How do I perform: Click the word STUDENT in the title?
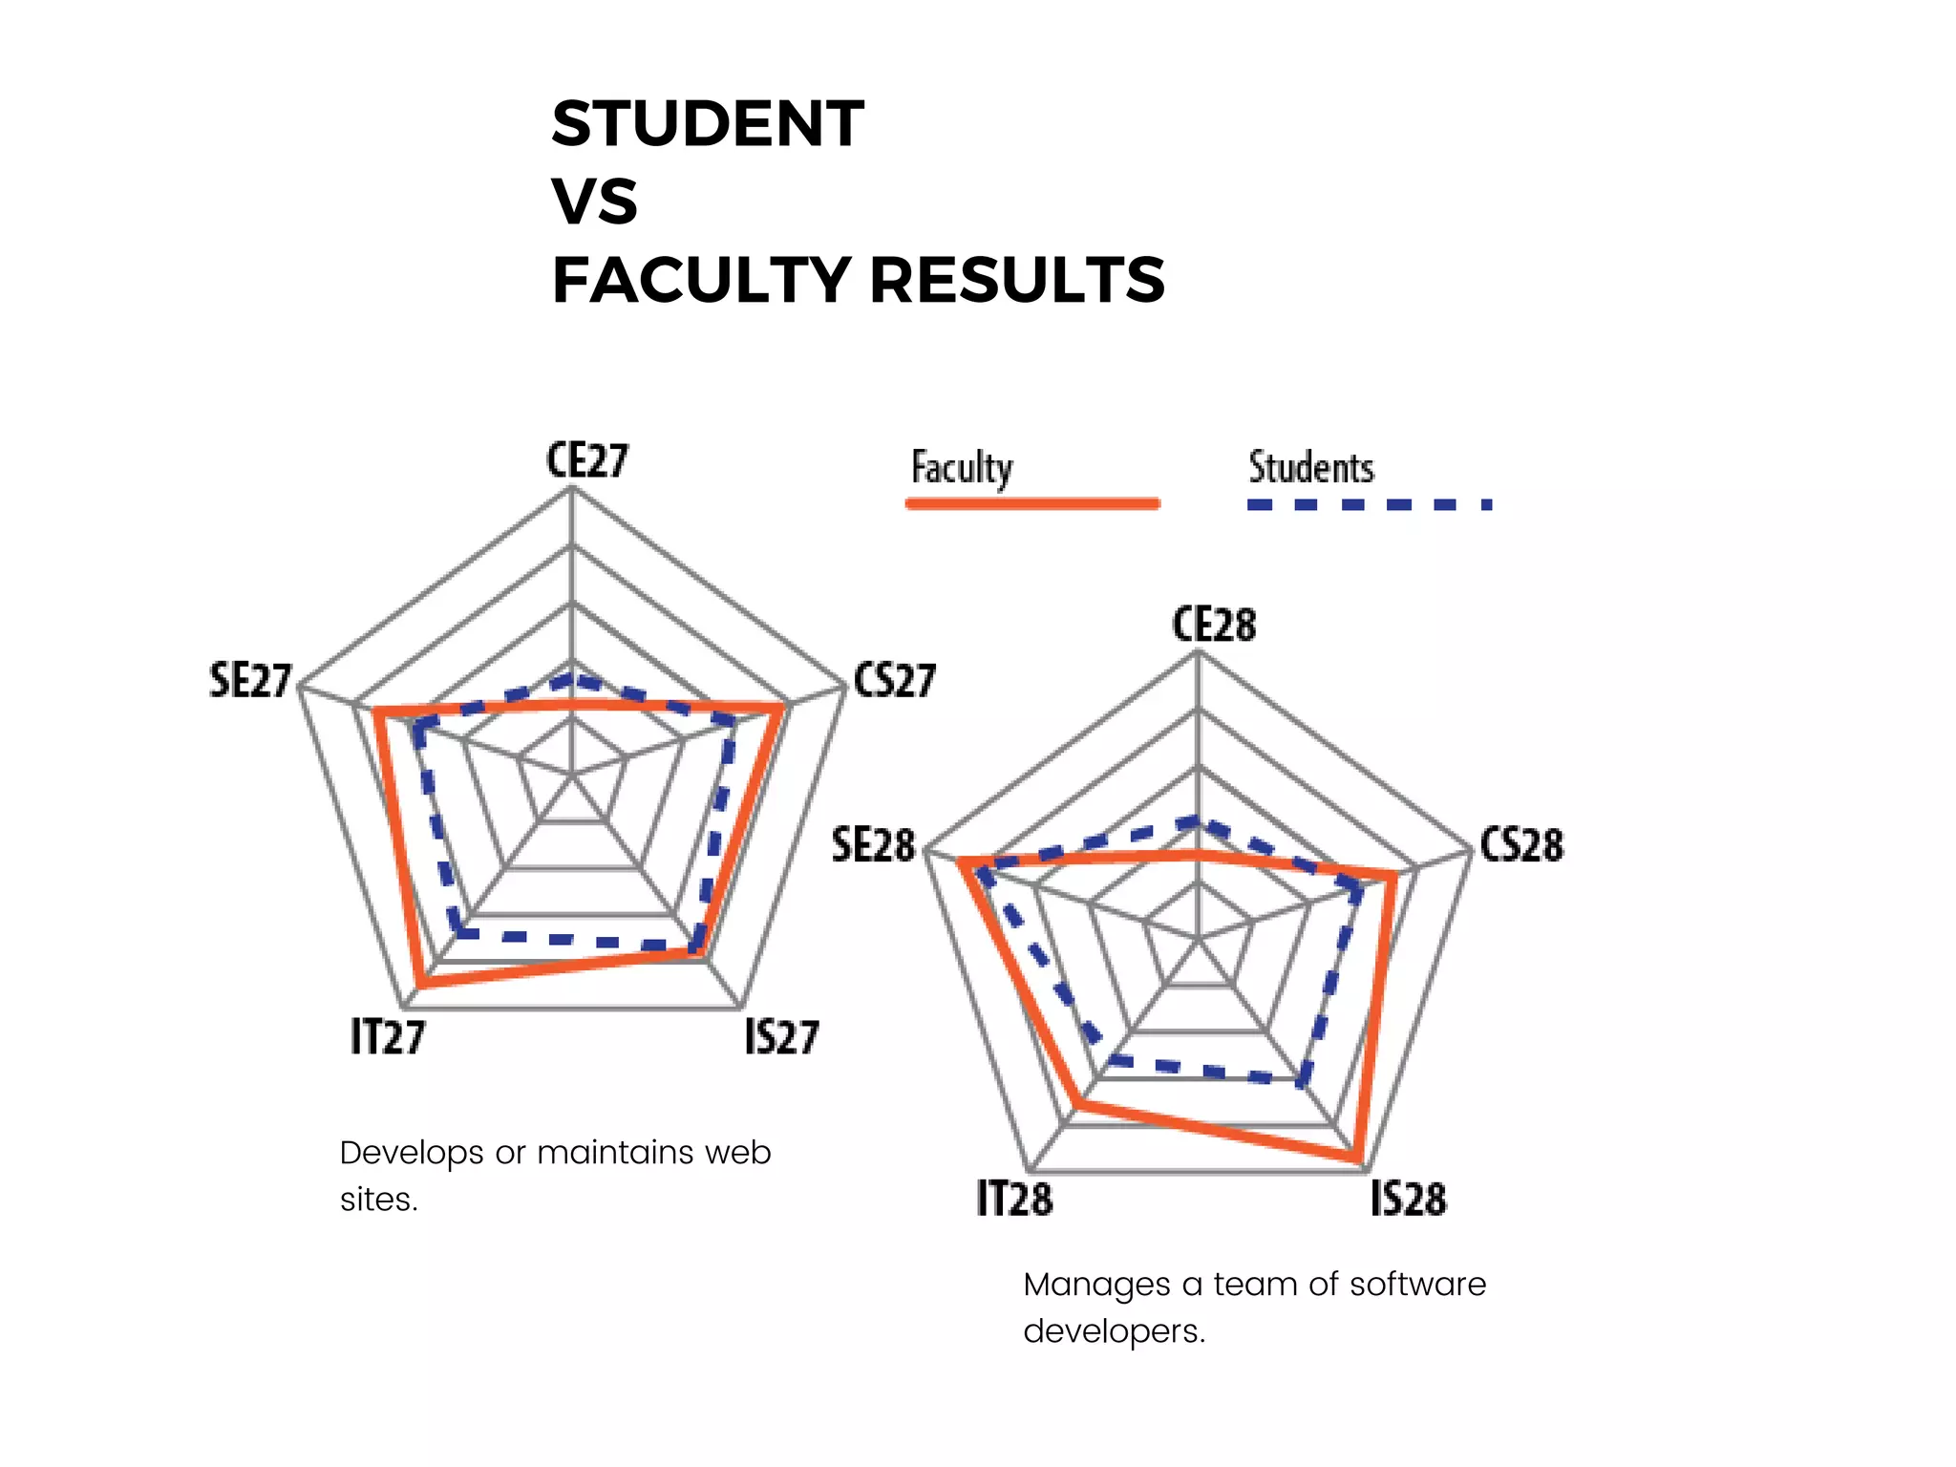click(708, 124)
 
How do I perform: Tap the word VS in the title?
click(594, 202)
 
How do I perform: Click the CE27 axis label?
click(587, 460)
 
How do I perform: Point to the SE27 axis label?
click(250, 681)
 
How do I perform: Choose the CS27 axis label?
click(895, 681)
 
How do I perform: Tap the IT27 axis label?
click(388, 1037)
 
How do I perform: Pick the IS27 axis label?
click(781, 1037)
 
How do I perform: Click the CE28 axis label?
click(1214, 625)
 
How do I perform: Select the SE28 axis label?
click(873, 845)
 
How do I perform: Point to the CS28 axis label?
click(1521, 845)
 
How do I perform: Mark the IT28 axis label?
click(1014, 1199)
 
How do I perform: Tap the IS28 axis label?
click(1408, 1199)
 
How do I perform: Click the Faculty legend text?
click(962, 468)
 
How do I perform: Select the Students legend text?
click(1311, 468)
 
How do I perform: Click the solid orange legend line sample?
click(1032, 503)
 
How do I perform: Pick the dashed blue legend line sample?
click(1369, 504)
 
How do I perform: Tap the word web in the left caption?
click(737, 1153)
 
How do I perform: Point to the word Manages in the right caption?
click(1096, 1285)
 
